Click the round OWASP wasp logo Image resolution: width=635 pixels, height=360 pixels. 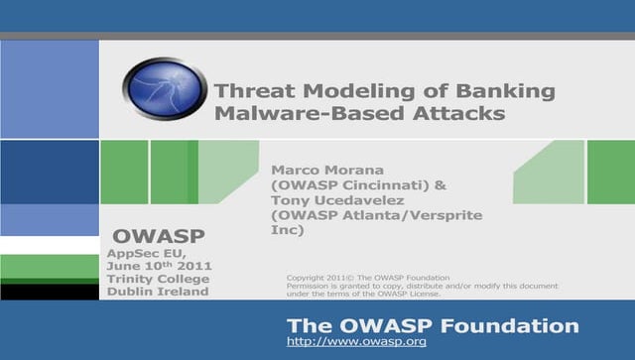pos(165,88)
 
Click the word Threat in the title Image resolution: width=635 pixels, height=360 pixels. pos(249,91)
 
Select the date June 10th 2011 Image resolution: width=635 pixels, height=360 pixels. pos(158,266)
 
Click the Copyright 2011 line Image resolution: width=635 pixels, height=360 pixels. pos(367,277)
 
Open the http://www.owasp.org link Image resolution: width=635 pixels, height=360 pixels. pos(355,341)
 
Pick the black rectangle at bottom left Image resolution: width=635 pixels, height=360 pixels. pos(50,292)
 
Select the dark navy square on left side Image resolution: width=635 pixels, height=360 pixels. pos(50,171)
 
